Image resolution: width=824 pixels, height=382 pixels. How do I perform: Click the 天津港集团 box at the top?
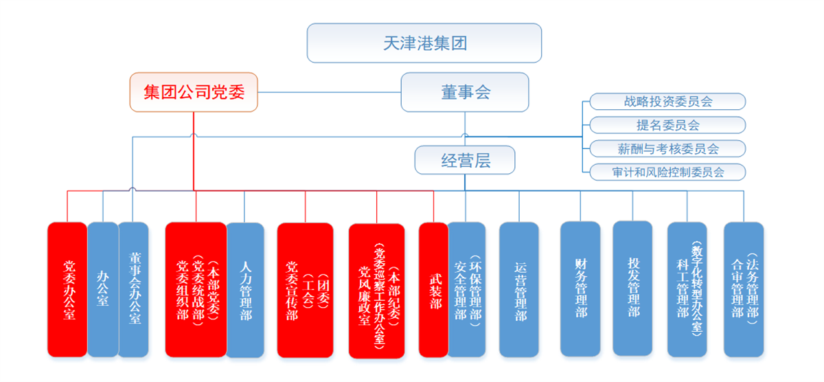coord(424,43)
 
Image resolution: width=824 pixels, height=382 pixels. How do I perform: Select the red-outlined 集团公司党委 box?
coord(194,92)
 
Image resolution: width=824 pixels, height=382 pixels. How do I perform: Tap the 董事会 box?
coord(465,92)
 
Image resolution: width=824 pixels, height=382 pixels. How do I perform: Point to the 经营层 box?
coord(465,160)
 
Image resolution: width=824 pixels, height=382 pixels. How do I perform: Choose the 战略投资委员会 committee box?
coord(667,102)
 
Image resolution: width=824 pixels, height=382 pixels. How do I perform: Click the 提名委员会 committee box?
coord(667,125)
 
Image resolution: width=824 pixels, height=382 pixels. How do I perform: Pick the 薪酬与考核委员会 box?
coord(667,148)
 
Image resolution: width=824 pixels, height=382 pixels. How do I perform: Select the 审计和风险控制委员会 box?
coord(667,172)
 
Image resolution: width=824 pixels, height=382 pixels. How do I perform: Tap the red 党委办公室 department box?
coord(67,289)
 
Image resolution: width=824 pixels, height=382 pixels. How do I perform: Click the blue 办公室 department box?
coord(103,289)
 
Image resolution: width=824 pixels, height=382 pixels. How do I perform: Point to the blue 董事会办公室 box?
coord(133,289)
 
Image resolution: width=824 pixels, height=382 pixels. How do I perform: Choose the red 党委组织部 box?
coord(196,289)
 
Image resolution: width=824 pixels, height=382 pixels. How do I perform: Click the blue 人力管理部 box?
coord(245,289)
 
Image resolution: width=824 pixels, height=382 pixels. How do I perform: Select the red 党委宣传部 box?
coord(305,289)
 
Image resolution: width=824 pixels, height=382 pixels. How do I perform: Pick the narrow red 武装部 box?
coord(433,289)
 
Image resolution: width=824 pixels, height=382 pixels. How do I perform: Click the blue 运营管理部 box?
coord(519,289)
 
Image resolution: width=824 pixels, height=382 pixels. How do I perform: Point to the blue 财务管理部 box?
coord(580,289)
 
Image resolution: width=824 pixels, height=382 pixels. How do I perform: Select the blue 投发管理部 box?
coord(632,289)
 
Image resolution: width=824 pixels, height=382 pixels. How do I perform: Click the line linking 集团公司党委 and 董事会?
coord(330,92)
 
